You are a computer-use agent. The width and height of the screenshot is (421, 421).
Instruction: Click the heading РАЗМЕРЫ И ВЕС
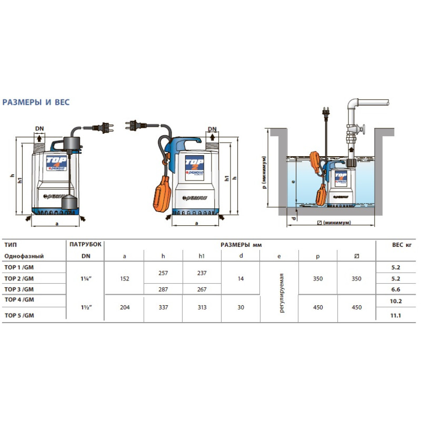click(36, 102)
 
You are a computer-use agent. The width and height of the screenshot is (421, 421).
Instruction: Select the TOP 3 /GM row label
click(19, 289)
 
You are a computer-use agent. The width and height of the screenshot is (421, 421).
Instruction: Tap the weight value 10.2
click(396, 301)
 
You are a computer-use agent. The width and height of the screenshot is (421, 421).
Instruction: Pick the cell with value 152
click(125, 279)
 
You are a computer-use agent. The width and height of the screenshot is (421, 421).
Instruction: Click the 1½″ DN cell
click(86, 307)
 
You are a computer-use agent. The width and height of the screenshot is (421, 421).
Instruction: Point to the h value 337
click(163, 307)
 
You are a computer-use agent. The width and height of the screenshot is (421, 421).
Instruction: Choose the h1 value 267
click(202, 289)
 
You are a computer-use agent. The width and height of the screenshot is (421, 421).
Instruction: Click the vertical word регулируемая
click(282, 293)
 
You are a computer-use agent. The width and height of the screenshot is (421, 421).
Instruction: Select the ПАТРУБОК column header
click(85, 244)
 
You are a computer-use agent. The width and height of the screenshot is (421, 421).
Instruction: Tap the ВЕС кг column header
click(402, 245)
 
